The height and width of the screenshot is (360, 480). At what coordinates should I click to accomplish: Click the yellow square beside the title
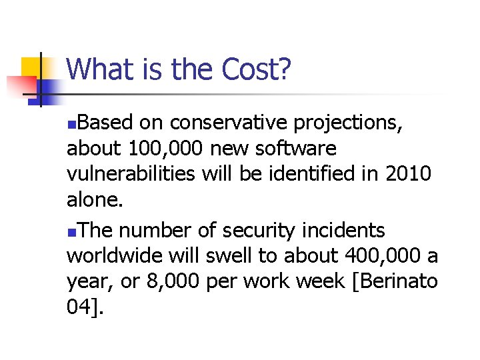tap(31, 68)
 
